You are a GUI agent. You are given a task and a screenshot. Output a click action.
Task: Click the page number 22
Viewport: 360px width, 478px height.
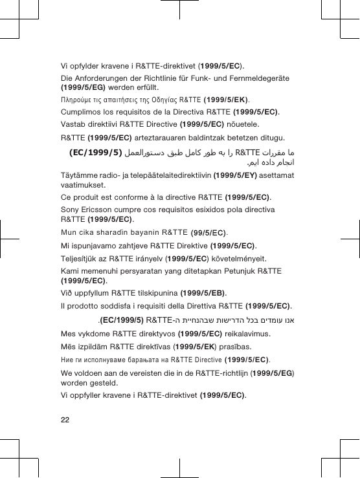click(x=64, y=420)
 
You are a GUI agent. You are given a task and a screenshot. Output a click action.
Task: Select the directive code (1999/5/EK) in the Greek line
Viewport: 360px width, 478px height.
click(x=226, y=100)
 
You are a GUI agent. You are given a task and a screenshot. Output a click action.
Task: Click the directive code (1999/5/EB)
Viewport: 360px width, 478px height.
click(x=203, y=292)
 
